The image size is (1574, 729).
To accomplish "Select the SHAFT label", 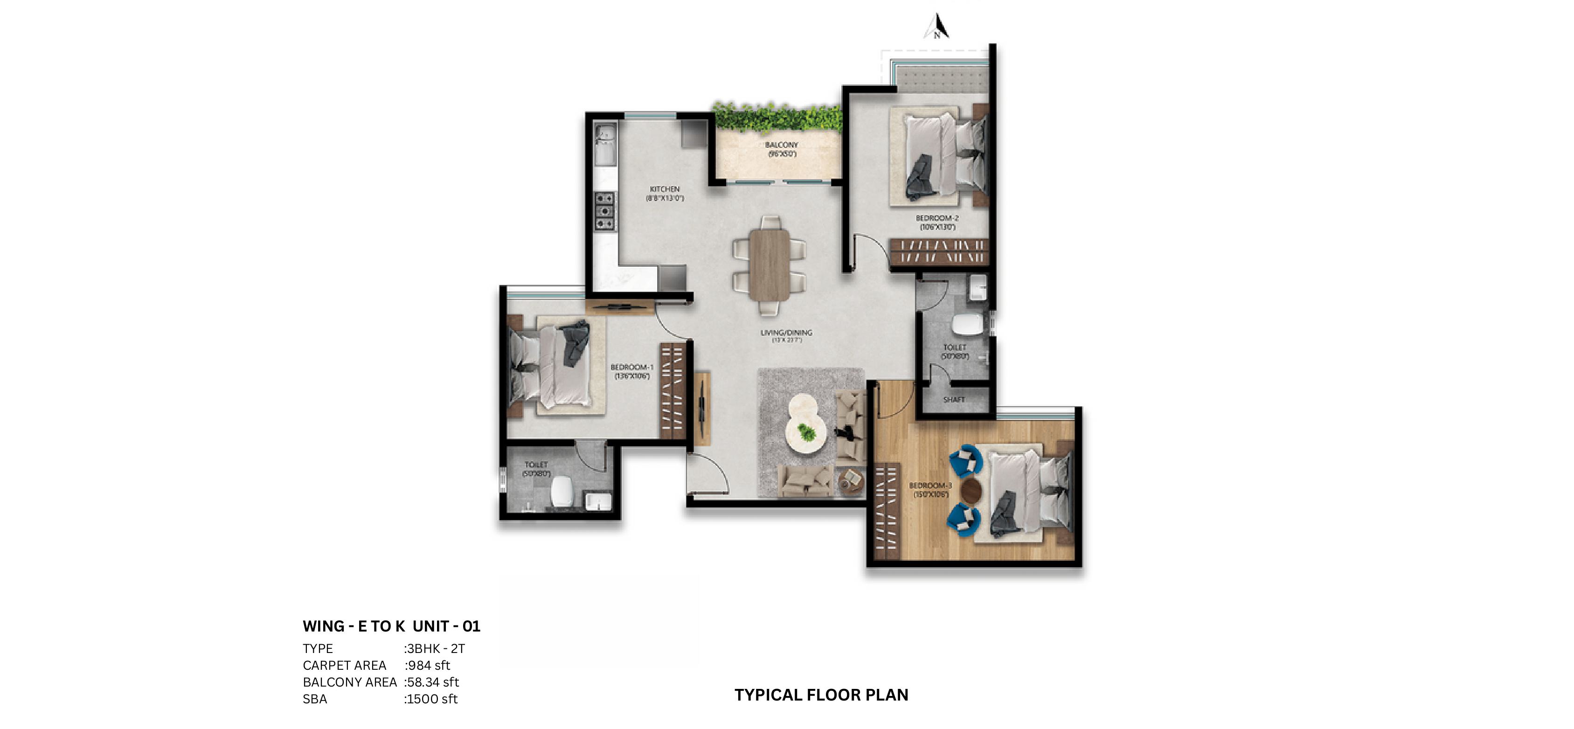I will coord(954,400).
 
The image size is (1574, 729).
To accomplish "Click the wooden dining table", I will coord(770,264).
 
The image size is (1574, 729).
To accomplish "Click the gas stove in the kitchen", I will coord(604,211).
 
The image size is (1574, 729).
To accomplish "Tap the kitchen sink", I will coord(605,144).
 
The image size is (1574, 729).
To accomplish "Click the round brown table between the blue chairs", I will coord(971,490).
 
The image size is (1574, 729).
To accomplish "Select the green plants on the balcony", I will coord(777,118).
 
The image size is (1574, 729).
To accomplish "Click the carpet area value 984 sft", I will coord(428,666).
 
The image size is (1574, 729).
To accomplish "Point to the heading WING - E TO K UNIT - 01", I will coord(391,626).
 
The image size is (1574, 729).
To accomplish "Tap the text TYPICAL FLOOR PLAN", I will coord(821,695).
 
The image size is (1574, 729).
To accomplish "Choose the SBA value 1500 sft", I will coord(431,699).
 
